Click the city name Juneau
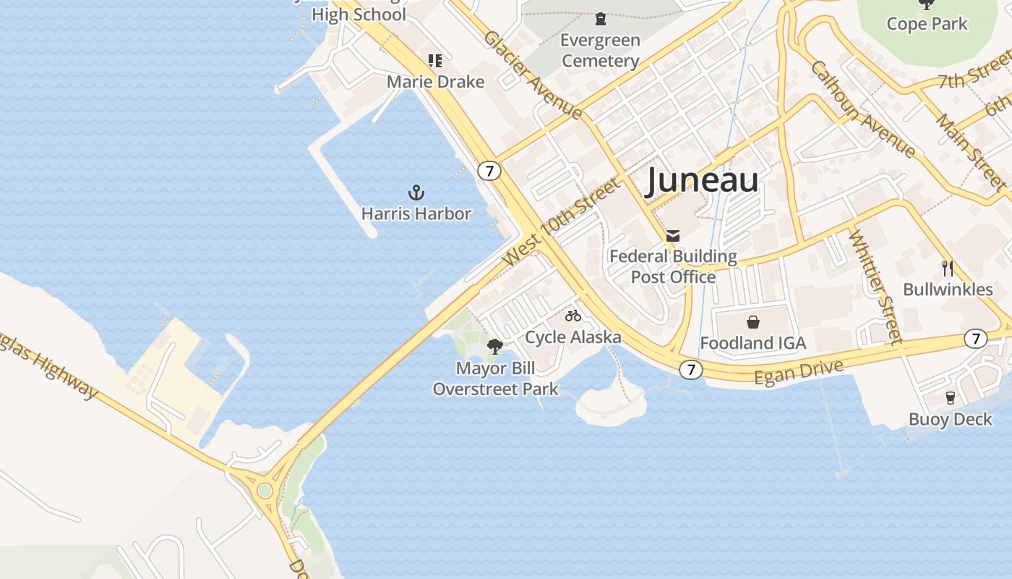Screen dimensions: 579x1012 [x=701, y=180]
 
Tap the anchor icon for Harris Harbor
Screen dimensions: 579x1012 [x=416, y=193]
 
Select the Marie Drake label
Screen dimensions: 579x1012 [x=435, y=82]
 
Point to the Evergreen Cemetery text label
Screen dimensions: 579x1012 [x=600, y=51]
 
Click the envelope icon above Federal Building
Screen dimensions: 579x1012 [x=673, y=235]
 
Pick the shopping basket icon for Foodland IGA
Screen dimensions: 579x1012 [x=753, y=321]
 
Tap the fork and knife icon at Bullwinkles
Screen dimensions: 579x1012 [x=948, y=269]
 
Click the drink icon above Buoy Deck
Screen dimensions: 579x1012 [x=951, y=397]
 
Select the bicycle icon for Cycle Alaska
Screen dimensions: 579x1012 [x=573, y=316]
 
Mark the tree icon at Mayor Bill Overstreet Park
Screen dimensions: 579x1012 [x=495, y=347]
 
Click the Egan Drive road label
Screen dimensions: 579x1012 [x=798, y=372]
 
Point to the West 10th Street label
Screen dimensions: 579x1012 [x=561, y=221]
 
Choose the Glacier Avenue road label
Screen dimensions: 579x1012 [x=533, y=75]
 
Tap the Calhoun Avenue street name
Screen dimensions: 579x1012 [x=863, y=109]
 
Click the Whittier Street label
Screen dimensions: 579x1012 [x=875, y=287]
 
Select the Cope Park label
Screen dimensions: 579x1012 [x=927, y=24]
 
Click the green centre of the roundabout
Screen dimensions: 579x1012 [x=265, y=491]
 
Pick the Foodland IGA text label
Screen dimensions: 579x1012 [x=752, y=343]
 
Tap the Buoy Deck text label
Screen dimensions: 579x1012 [x=950, y=419]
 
